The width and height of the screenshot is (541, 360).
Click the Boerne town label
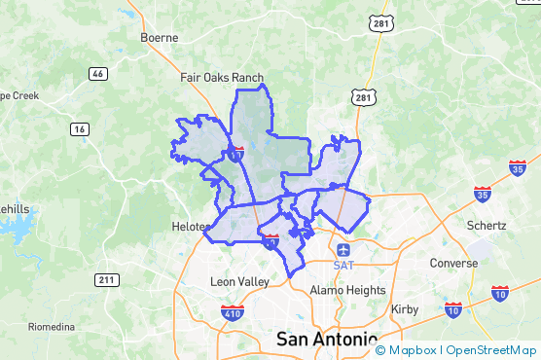tap(160, 38)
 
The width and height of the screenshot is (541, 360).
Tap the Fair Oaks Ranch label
tap(222, 78)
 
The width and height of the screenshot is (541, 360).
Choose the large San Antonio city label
tap(327, 340)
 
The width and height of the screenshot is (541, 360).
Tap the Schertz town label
tap(487, 226)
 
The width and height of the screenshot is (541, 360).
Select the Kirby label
tap(404, 309)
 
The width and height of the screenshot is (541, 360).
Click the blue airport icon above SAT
tap(342, 249)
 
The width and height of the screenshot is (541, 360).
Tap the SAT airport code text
tap(342, 265)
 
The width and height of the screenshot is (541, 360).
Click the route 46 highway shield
tap(97, 74)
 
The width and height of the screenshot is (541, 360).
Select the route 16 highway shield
tap(80, 128)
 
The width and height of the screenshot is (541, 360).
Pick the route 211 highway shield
tap(107, 280)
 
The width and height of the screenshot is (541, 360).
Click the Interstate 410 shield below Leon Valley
tap(232, 313)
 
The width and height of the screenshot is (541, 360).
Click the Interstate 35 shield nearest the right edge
tap(518, 168)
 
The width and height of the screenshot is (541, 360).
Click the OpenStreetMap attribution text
tap(492, 350)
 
